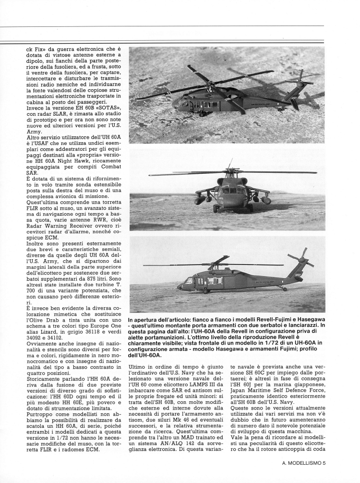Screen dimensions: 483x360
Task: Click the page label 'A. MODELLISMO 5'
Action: (304, 463)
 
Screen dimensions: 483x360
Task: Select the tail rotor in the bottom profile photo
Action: (301, 258)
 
